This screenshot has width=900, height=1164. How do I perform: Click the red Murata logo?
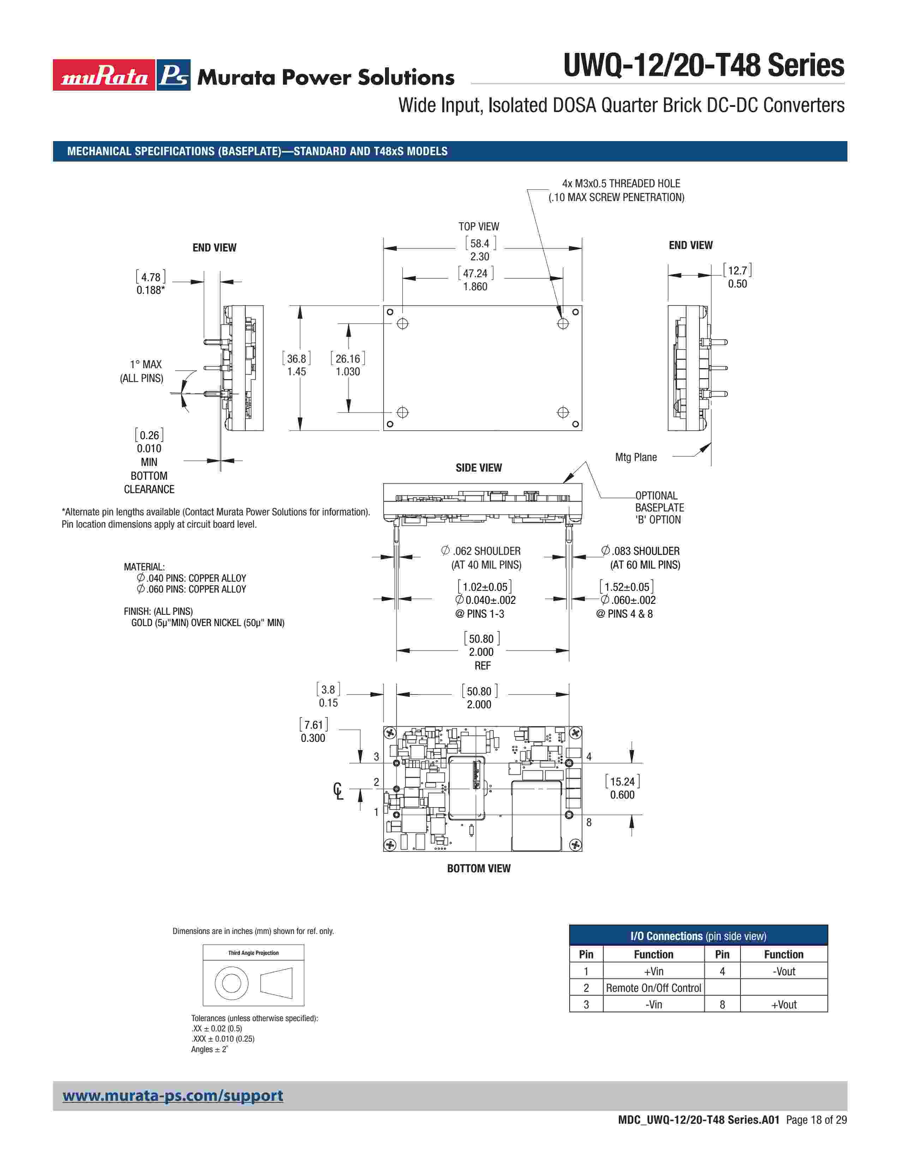coord(104,75)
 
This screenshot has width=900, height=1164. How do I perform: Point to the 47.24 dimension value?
coord(475,273)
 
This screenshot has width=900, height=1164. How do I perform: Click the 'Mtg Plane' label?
coord(636,457)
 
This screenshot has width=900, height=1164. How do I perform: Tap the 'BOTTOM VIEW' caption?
coord(478,868)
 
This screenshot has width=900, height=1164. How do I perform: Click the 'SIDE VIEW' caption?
coord(478,467)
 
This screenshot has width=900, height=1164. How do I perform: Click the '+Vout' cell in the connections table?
coord(783,1005)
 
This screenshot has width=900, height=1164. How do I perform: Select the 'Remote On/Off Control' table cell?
coord(653,988)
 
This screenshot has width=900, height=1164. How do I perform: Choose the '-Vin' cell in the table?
coord(653,1005)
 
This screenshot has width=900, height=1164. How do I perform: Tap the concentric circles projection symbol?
coord(232,982)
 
